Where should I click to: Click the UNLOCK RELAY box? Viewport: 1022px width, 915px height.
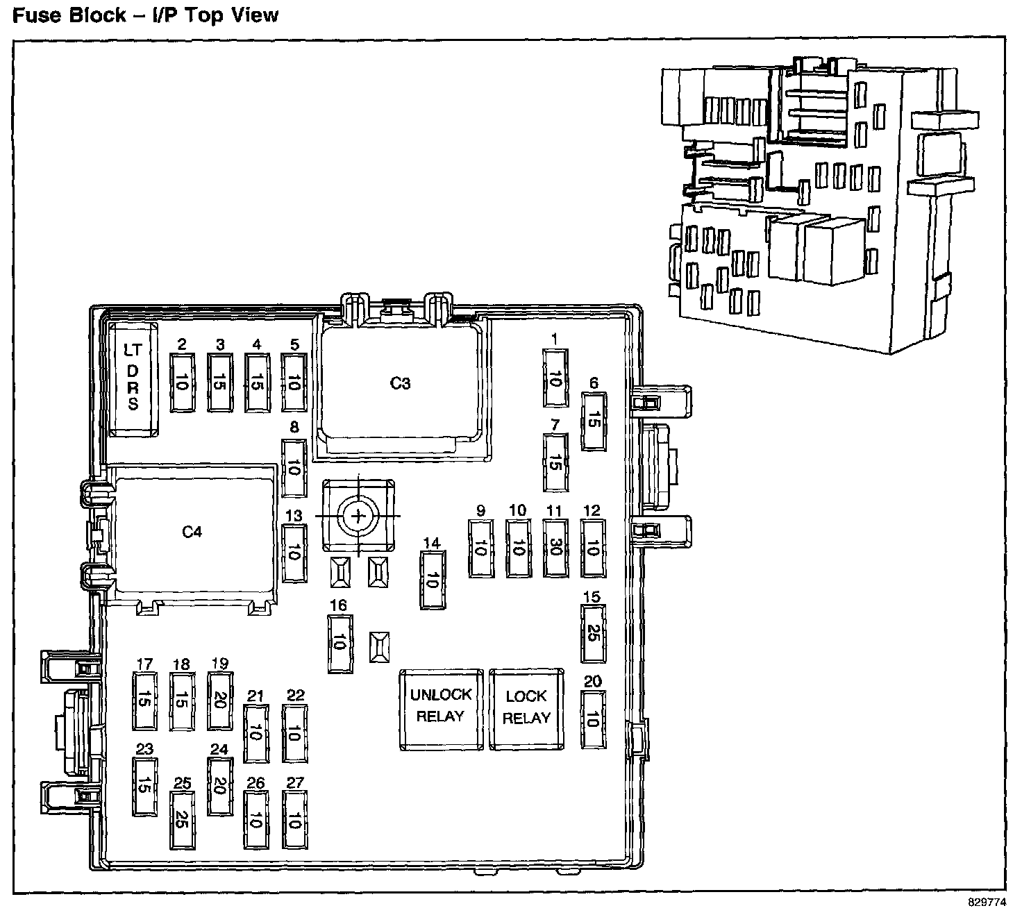tap(441, 709)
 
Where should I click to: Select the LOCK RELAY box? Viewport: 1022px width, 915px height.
tap(526, 709)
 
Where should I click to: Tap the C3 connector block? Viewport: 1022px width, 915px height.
tap(400, 383)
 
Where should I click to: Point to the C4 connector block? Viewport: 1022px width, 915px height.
tap(192, 532)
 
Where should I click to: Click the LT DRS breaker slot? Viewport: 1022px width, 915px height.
tap(132, 379)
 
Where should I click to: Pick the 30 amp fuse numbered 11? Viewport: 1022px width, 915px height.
tap(554, 548)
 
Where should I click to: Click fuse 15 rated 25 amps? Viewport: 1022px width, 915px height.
tap(592, 634)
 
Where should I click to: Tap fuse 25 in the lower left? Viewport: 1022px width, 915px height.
tap(182, 819)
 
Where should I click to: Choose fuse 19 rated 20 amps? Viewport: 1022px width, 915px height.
tap(219, 701)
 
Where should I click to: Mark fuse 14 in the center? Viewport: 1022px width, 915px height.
tap(432, 580)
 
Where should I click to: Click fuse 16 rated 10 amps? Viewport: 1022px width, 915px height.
tap(339, 643)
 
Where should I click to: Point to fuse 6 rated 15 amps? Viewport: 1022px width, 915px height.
tap(593, 421)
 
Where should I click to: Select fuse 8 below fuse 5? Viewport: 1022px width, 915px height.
tap(294, 469)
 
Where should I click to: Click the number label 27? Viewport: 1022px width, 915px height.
tap(295, 783)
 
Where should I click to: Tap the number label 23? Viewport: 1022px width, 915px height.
tap(144, 749)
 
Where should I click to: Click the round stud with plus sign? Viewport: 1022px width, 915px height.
tap(358, 516)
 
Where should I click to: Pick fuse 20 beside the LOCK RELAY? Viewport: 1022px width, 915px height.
tap(592, 721)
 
